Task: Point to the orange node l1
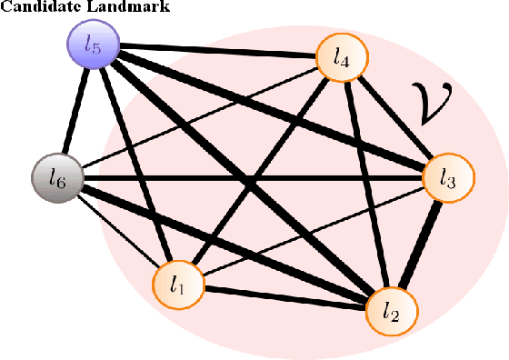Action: click(x=179, y=285)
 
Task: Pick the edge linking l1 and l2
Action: click(x=286, y=298)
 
